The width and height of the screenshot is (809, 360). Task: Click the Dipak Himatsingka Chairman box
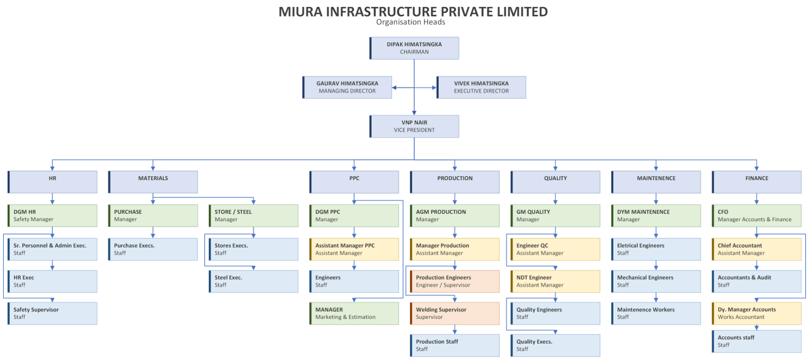pos(414,48)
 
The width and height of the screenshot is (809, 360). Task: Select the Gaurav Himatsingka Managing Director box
pos(347,87)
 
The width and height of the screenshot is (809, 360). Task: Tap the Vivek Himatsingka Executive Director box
pos(481,87)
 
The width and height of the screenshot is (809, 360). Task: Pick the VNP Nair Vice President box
pos(414,126)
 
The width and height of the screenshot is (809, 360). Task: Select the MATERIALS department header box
pos(153,182)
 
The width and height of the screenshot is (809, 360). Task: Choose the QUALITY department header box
pos(555,182)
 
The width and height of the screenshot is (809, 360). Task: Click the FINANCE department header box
pos(757,182)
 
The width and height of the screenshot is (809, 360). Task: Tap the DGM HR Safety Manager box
pos(52,216)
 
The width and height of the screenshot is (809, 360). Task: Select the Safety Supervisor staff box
pos(52,313)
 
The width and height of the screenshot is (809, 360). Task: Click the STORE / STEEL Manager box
pos(253,216)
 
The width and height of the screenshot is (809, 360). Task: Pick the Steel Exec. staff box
pos(253,281)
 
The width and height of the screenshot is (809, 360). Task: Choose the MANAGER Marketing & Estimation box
pos(354,313)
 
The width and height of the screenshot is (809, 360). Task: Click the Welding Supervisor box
pos(455,313)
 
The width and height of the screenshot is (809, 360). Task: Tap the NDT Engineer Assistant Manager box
pos(555,281)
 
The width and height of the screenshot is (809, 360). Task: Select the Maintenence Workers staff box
pos(656,313)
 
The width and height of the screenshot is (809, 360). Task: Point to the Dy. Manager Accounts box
pos(757,313)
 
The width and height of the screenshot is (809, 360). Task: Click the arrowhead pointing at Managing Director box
pos(394,88)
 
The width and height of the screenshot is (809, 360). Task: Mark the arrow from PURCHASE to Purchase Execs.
pos(153,233)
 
